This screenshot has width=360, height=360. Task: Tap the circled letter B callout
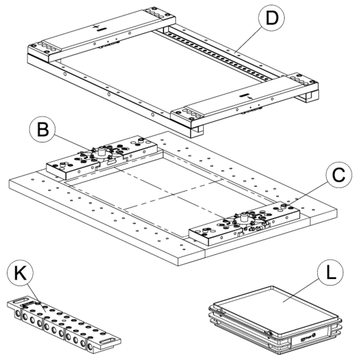42,130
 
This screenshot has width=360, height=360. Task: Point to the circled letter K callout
19,273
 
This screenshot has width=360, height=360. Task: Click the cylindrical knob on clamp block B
102,151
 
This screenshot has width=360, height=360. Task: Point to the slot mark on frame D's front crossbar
244,95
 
